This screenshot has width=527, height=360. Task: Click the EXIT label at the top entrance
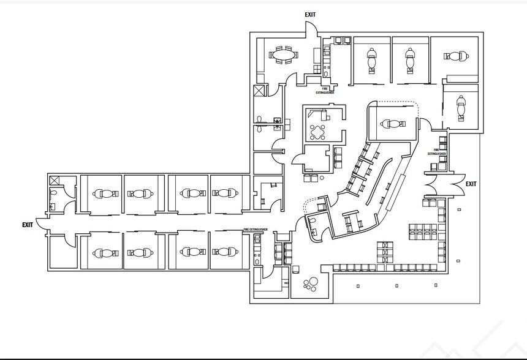tap(311, 14)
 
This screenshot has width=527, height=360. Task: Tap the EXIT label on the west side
tap(28, 225)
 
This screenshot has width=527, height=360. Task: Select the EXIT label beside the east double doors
tap(471, 184)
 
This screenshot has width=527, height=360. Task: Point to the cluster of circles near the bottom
tap(311, 285)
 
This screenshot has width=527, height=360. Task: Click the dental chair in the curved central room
tap(393, 124)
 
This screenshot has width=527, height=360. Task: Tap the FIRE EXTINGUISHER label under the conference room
tap(325, 91)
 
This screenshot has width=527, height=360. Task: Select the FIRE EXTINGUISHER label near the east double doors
tap(436, 152)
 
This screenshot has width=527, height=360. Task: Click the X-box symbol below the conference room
tap(259, 92)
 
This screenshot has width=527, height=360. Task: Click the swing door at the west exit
tap(42, 225)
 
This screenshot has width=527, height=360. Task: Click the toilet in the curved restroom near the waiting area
tap(313, 223)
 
